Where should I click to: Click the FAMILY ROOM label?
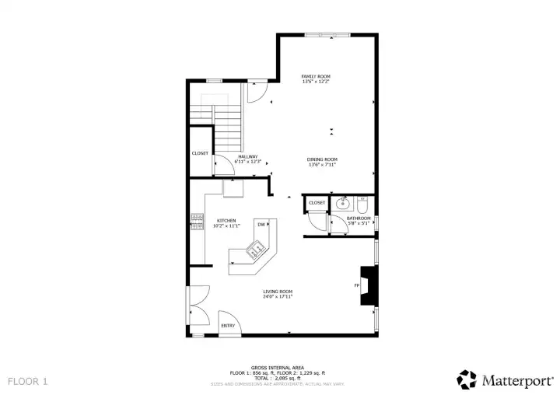click(316, 76)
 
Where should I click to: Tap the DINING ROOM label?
click(322, 159)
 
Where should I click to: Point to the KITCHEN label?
click(226, 220)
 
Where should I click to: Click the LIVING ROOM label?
click(276, 292)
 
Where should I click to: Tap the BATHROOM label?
click(359, 218)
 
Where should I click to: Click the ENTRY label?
click(228, 325)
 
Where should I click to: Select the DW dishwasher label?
click(261, 224)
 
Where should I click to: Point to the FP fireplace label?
click(357, 285)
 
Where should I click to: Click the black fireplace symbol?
click(368, 285)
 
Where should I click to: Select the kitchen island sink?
click(254, 250)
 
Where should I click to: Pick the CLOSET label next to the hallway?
click(200, 153)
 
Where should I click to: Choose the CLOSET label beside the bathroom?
click(317, 203)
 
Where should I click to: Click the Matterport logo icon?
click(467, 379)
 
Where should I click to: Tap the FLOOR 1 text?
click(28, 381)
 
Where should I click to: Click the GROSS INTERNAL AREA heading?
click(277, 367)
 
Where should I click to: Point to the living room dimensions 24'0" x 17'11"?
click(276, 297)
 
